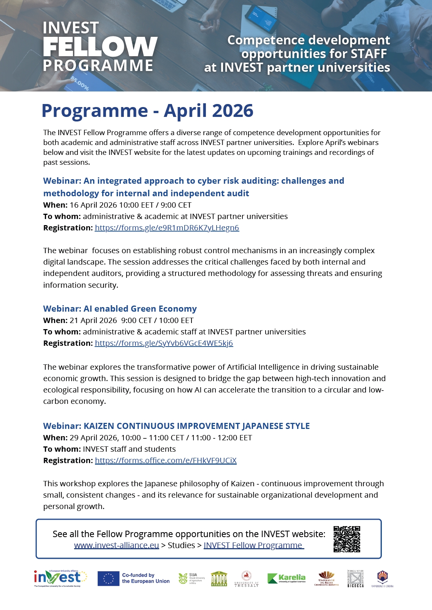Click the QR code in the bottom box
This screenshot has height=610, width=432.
pos(347,539)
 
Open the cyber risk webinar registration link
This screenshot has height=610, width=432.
pos(167,228)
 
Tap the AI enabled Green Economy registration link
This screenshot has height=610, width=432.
pos(164,343)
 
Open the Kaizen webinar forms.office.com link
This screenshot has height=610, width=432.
pos(166,460)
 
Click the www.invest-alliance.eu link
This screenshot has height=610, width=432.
pos(116,545)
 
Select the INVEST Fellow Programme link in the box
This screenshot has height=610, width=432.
pos(253,545)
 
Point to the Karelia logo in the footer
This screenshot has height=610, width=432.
pos(286,578)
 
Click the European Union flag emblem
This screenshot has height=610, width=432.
pos(108,578)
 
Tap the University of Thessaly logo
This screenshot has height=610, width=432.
pos(247,579)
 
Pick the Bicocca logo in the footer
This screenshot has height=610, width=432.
pos(356,578)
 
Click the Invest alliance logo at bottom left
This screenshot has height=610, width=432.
pos(60,578)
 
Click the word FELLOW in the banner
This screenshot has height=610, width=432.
pos(100,47)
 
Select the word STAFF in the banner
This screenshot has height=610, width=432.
pos(369,54)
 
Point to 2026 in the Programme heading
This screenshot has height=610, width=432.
pos(233,111)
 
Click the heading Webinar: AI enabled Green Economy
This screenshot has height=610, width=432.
pos(120,309)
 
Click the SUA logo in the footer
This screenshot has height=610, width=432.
pos(192,578)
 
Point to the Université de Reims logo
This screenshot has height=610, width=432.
pos(326,579)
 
